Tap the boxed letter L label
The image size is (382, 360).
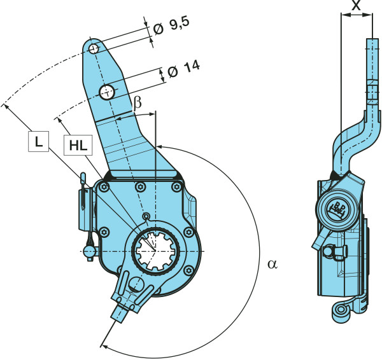(x=38, y=144)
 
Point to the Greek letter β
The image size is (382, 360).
(x=137, y=104)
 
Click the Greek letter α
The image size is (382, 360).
(x=272, y=263)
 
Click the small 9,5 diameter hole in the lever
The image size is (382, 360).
(x=94, y=49)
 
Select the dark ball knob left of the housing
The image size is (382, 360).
(x=90, y=251)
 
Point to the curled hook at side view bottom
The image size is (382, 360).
(x=341, y=312)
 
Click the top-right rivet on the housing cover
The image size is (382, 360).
(x=176, y=186)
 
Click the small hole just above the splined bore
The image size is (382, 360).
(x=146, y=217)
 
